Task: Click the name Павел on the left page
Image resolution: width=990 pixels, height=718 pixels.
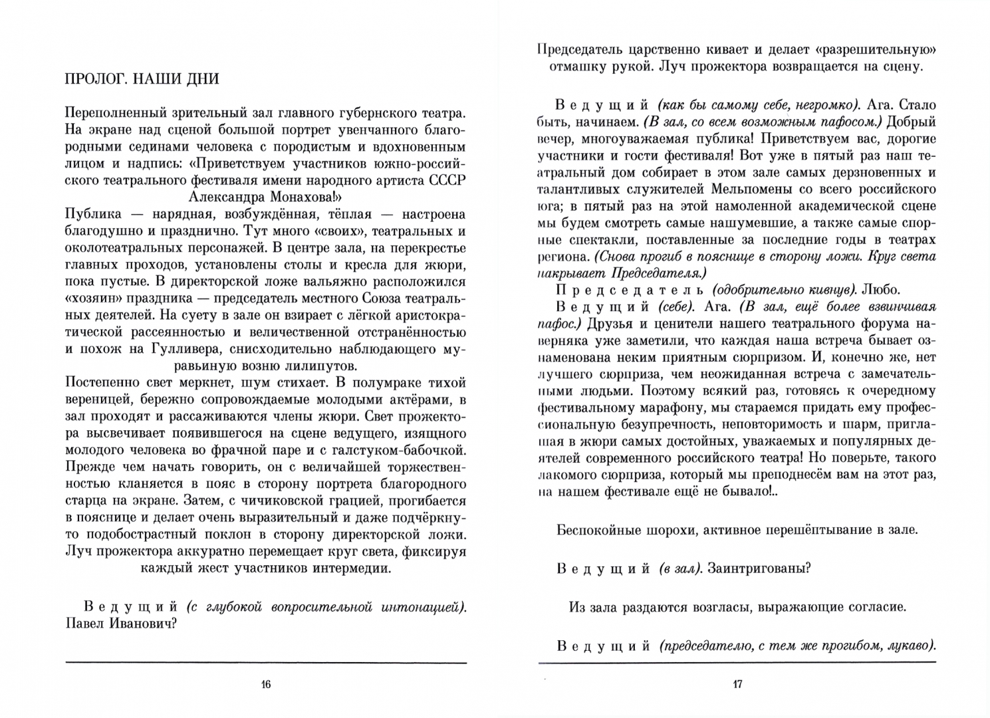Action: point(85,624)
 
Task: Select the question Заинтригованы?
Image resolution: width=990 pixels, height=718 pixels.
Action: point(759,568)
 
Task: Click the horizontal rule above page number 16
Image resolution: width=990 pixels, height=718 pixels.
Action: point(266,663)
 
